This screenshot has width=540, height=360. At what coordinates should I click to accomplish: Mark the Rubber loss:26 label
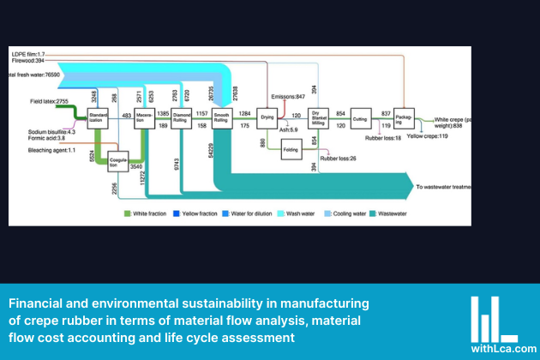click(x=338, y=159)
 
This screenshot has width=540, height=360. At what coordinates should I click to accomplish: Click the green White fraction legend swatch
click(x=127, y=212)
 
